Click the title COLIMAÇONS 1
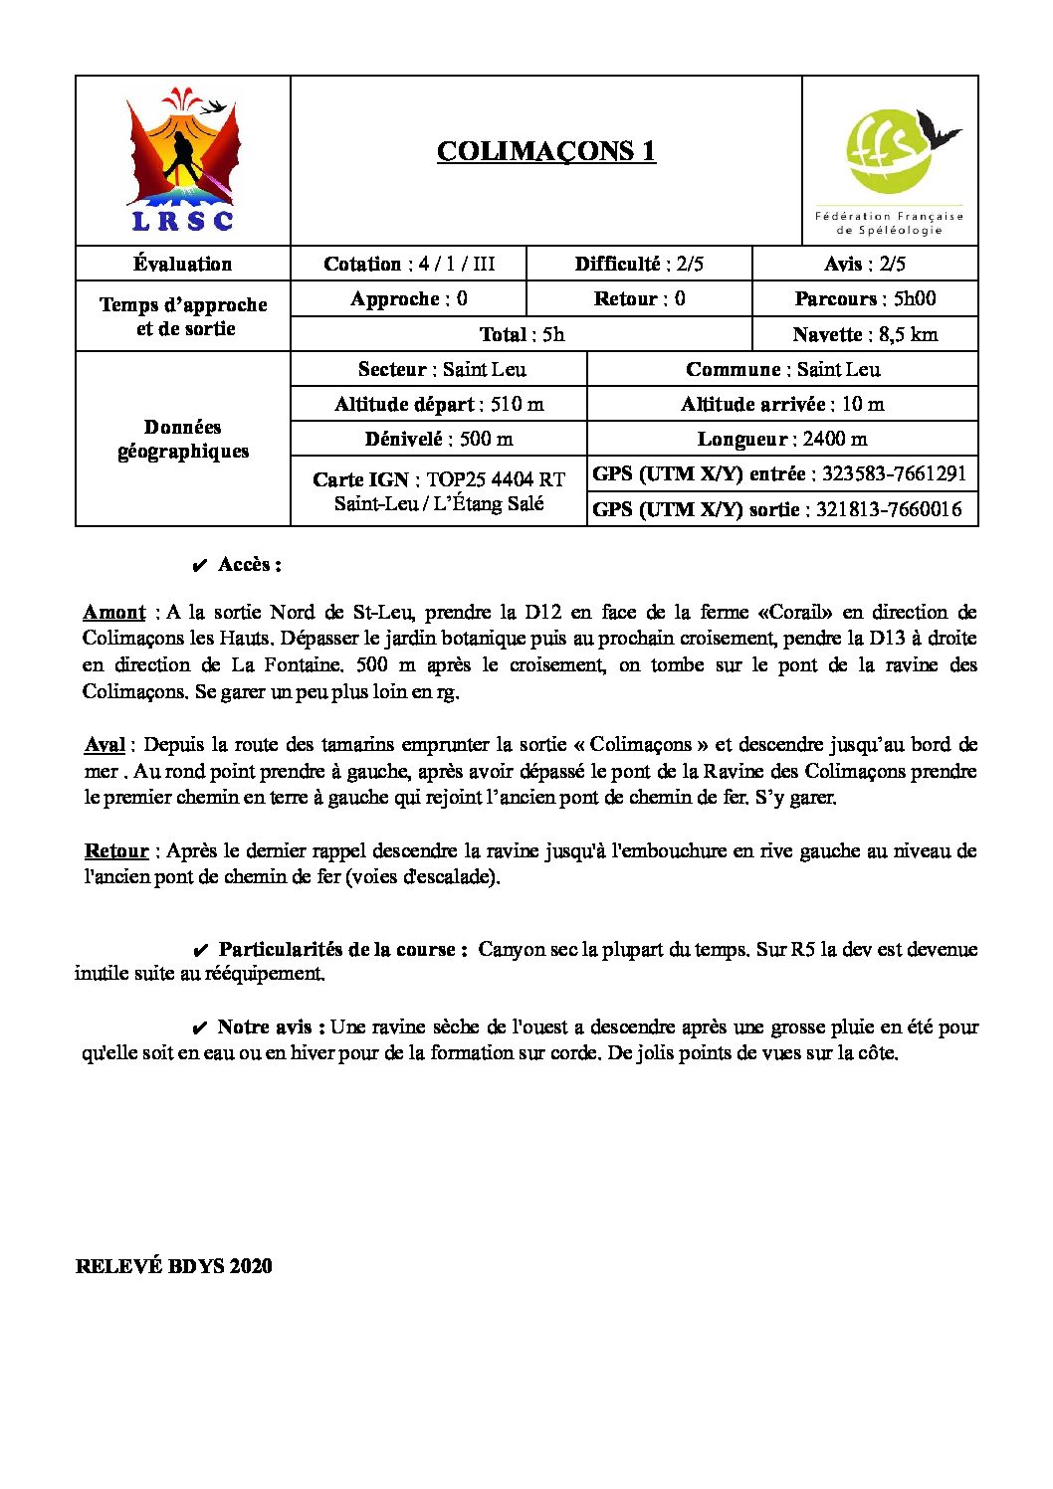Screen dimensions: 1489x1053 coord(545,151)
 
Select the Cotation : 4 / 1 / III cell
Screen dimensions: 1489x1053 coord(408,264)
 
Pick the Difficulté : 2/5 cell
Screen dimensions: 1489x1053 coord(638,264)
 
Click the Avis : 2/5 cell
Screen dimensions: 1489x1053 coord(864,264)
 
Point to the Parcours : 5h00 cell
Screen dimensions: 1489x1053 coord(864,298)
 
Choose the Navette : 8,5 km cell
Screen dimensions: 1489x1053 coord(864,334)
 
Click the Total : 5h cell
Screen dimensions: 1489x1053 coord(521,334)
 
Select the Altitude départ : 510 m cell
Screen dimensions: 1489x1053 coord(439,404)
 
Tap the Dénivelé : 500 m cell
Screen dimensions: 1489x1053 coord(439,439)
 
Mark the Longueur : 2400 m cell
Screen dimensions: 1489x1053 coord(781,439)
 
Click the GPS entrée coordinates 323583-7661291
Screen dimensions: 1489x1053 coord(893,473)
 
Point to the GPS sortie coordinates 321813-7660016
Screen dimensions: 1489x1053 coord(888,509)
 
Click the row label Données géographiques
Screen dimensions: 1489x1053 coord(183,439)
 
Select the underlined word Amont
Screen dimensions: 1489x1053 coord(113,612)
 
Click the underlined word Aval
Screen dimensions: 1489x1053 coord(105,745)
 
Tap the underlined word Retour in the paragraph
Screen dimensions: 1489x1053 coord(115,851)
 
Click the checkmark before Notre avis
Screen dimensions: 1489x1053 coord(199,1027)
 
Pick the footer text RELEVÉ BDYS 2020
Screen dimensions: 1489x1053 coord(173,1266)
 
